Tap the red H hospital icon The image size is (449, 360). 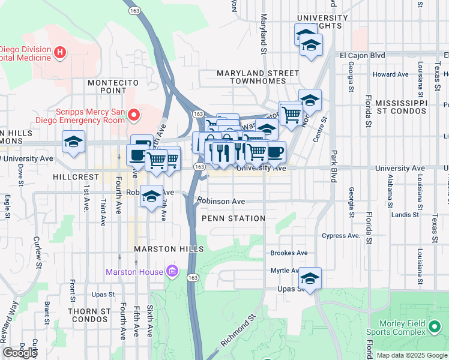pos(59,53)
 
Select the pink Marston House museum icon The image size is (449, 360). pos(173,272)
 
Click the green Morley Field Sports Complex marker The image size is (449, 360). pos(435,327)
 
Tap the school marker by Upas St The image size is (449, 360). pos(310,279)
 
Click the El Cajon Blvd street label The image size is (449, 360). pos(362,55)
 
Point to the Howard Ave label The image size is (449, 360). pos(390,74)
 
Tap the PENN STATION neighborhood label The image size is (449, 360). pos(234,218)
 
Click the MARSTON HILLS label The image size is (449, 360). pos(169,248)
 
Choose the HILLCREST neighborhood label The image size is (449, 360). pos(75,178)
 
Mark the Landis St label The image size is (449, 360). pos(404,214)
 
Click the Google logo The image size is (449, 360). pos(20,353)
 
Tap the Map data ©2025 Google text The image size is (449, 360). pos(411,355)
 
